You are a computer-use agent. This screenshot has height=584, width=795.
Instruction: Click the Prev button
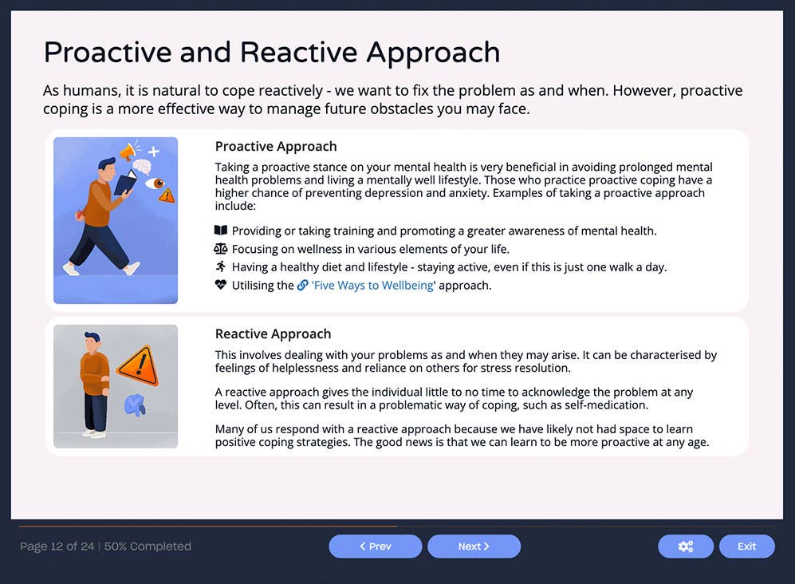coord(375,547)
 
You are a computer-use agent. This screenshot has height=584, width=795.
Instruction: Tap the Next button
coord(474,547)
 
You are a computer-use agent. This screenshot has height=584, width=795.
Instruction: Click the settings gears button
coord(685,547)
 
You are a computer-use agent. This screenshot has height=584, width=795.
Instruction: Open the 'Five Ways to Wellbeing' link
coord(372,286)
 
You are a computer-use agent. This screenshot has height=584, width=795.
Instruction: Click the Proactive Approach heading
coord(276,147)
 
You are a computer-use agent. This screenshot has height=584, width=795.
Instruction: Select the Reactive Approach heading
coord(273,334)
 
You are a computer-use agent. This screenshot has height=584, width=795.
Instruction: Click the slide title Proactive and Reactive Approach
coord(271,53)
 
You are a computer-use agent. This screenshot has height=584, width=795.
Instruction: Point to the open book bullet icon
coord(221,231)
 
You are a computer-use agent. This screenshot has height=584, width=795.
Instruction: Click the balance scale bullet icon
coord(221,249)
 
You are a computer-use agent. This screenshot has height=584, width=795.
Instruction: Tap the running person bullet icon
coord(221,267)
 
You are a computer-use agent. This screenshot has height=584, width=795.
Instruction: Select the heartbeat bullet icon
coord(221,285)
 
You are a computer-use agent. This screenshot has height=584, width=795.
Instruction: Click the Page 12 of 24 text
coord(57,547)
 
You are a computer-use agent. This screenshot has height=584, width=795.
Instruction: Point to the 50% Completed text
coord(148,547)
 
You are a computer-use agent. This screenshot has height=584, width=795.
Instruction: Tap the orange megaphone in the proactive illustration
coord(126,152)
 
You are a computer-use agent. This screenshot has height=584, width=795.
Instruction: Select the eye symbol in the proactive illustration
coord(155,183)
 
